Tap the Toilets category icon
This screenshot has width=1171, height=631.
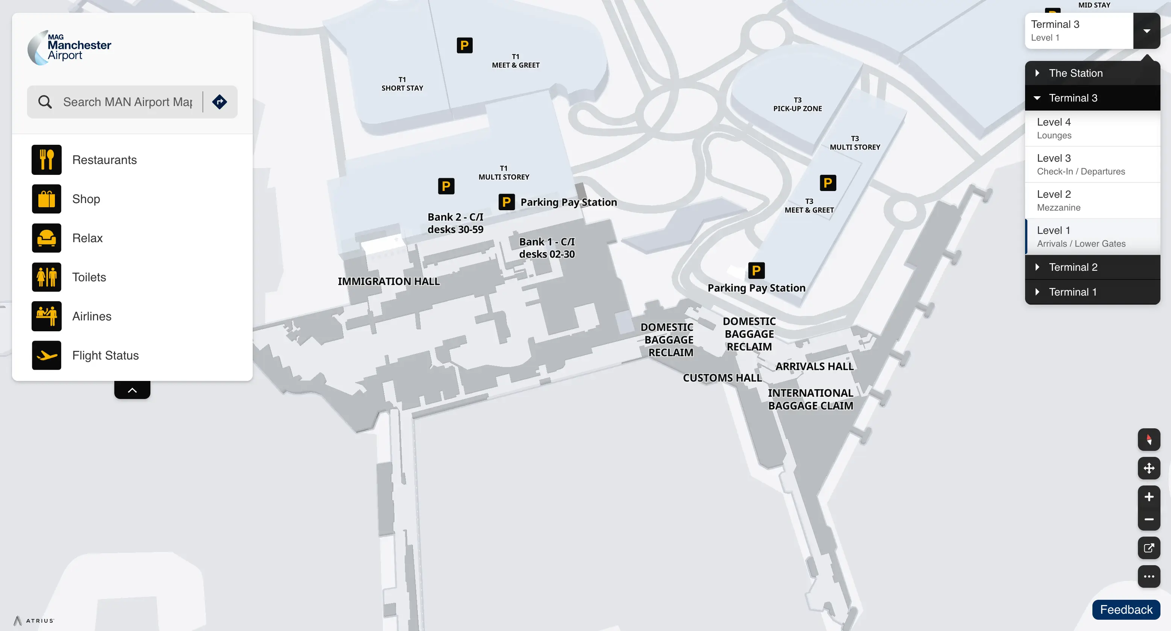click(46, 277)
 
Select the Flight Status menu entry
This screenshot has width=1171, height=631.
click(105, 355)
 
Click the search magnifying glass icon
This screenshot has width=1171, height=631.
click(44, 102)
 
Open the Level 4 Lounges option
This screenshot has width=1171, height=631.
click(1092, 128)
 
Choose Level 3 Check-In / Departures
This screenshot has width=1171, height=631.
click(1092, 164)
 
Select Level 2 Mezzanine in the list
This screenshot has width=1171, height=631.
click(1092, 200)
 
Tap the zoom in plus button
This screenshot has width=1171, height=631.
click(1148, 497)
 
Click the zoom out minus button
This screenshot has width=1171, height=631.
click(1148, 519)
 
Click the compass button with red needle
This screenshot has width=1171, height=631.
click(1148, 440)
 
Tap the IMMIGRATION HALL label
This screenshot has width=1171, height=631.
click(389, 281)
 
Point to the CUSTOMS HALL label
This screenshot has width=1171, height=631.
click(722, 378)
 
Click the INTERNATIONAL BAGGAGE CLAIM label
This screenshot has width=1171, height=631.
click(810, 399)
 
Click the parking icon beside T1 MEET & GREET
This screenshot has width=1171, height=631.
click(464, 46)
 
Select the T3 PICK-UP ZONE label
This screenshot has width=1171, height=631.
click(797, 104)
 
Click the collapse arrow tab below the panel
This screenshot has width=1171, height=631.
click(132, 390)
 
